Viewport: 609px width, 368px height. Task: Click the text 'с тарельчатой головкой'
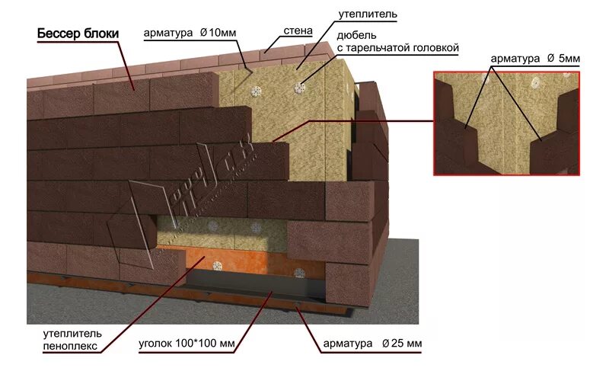coord(399,48)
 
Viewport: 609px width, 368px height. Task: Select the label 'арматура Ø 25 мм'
coord(374,345)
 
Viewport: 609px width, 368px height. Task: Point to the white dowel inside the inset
coord(537,83)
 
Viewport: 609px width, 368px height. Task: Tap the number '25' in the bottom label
coord(400,345)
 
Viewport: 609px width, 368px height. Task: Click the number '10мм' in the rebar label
coord(222,34)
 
